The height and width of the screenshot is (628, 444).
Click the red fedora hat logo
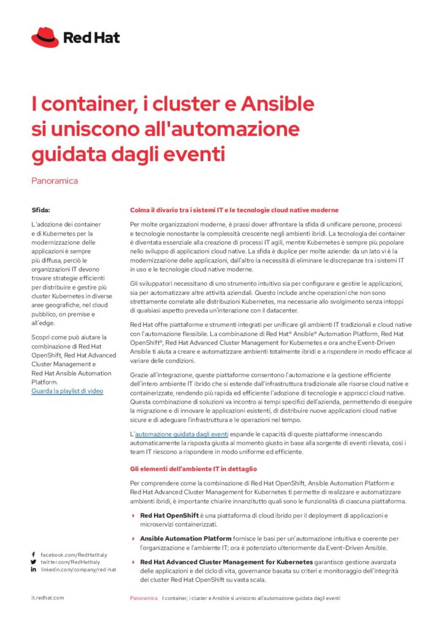pyautogui.click(x=45, y=37)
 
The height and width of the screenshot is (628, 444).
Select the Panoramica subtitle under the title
pyautogui.click(x=55, y=181)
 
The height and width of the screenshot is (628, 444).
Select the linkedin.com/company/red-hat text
pyautogui.click(x=78, y=570)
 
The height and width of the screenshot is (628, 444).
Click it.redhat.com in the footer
pyautogui.click(x=48, y=597)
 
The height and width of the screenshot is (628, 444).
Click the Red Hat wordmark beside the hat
pyautogui.click(x=91, y=37)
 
